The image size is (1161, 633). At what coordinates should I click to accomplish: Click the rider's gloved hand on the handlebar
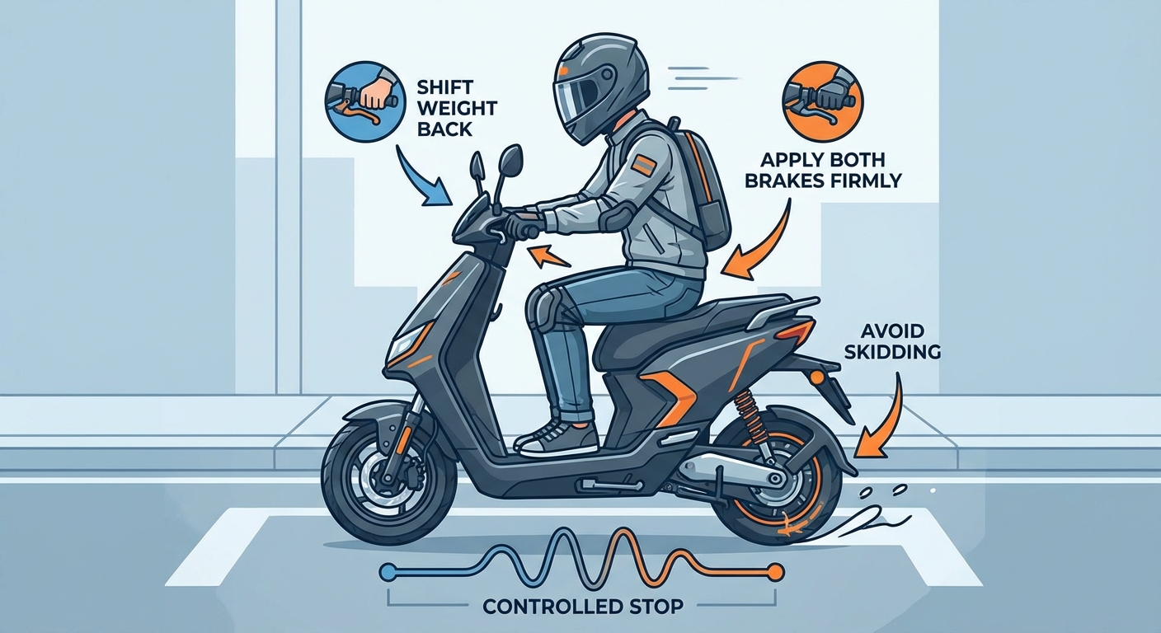(522, 223)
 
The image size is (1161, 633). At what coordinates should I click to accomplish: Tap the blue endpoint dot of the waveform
(385, 570)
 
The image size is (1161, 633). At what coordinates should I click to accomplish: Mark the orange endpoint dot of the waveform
(774, 570)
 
